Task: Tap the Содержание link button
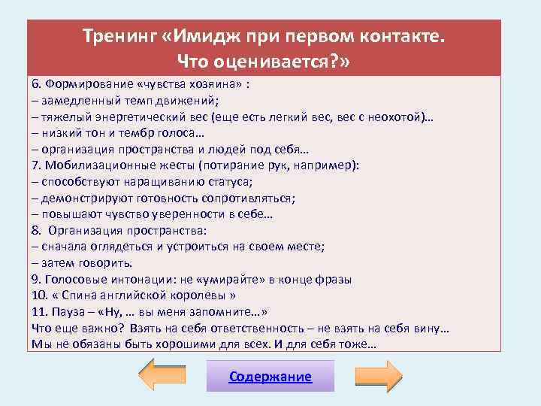coord(270,377)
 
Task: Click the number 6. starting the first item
coord(38,83)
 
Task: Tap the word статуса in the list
coord(225,182)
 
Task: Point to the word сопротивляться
coord(245,198)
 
